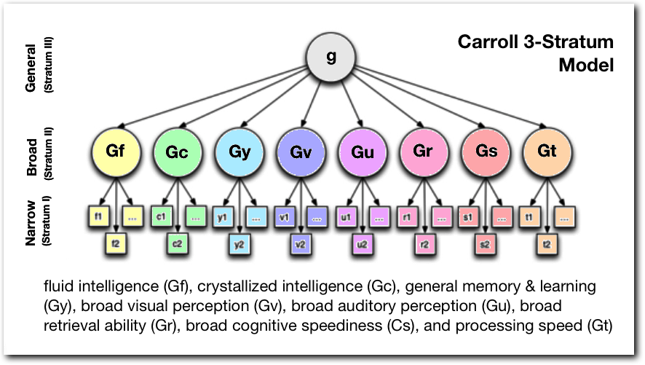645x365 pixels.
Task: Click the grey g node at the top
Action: [x=331, y=58]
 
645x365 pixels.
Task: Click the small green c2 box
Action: [x=176, y=244]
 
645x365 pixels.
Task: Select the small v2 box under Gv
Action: [x=299, y=244]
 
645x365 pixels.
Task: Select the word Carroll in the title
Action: [x=486, y=42]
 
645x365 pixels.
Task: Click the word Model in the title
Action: [x=586, y=65]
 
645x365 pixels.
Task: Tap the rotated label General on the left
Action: [x=31, y=71]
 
